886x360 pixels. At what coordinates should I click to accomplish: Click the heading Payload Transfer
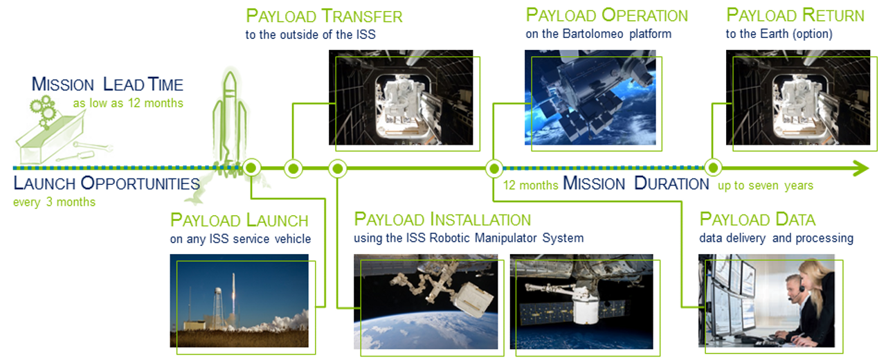324,16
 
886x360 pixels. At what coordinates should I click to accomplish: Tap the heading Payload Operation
607,15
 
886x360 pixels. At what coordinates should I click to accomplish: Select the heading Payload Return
795,15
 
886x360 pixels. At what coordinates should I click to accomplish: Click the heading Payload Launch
239,220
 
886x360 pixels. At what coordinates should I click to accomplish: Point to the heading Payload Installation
442,219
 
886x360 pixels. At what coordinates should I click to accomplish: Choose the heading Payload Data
757,219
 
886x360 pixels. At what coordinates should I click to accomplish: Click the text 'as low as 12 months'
128,103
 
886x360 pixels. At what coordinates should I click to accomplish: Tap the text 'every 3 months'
54,202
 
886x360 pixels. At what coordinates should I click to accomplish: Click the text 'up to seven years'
766,185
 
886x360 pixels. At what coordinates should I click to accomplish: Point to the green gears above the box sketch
43,110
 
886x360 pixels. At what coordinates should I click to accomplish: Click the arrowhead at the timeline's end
860,168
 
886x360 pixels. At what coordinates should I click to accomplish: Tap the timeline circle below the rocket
251,168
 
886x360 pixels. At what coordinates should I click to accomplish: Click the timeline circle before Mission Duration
494,169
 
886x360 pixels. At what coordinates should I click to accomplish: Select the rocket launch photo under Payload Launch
239,300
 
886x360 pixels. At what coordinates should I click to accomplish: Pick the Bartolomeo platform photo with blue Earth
590,98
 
